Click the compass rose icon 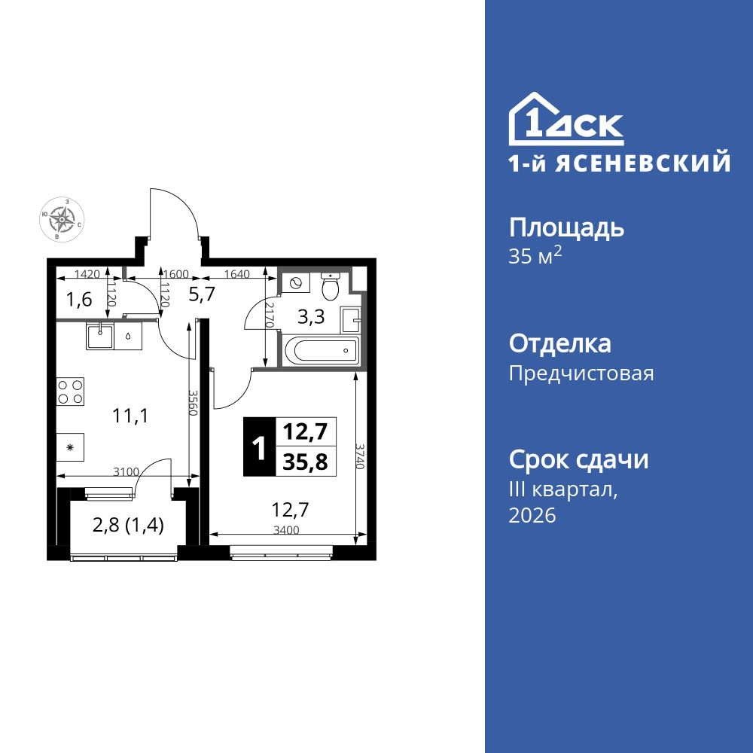point(62,219)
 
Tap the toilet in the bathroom point(331,286)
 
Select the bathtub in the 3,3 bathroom point(320,350)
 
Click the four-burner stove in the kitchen point(70,392)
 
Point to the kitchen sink point(99,335)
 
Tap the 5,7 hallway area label point(202,294)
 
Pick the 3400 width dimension point(286,530)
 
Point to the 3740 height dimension point(361,456)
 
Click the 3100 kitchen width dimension point(126,472)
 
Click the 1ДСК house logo point(566,120)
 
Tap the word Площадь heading point(567,227)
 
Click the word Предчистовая point(581,373)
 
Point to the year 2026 point(532,516)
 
